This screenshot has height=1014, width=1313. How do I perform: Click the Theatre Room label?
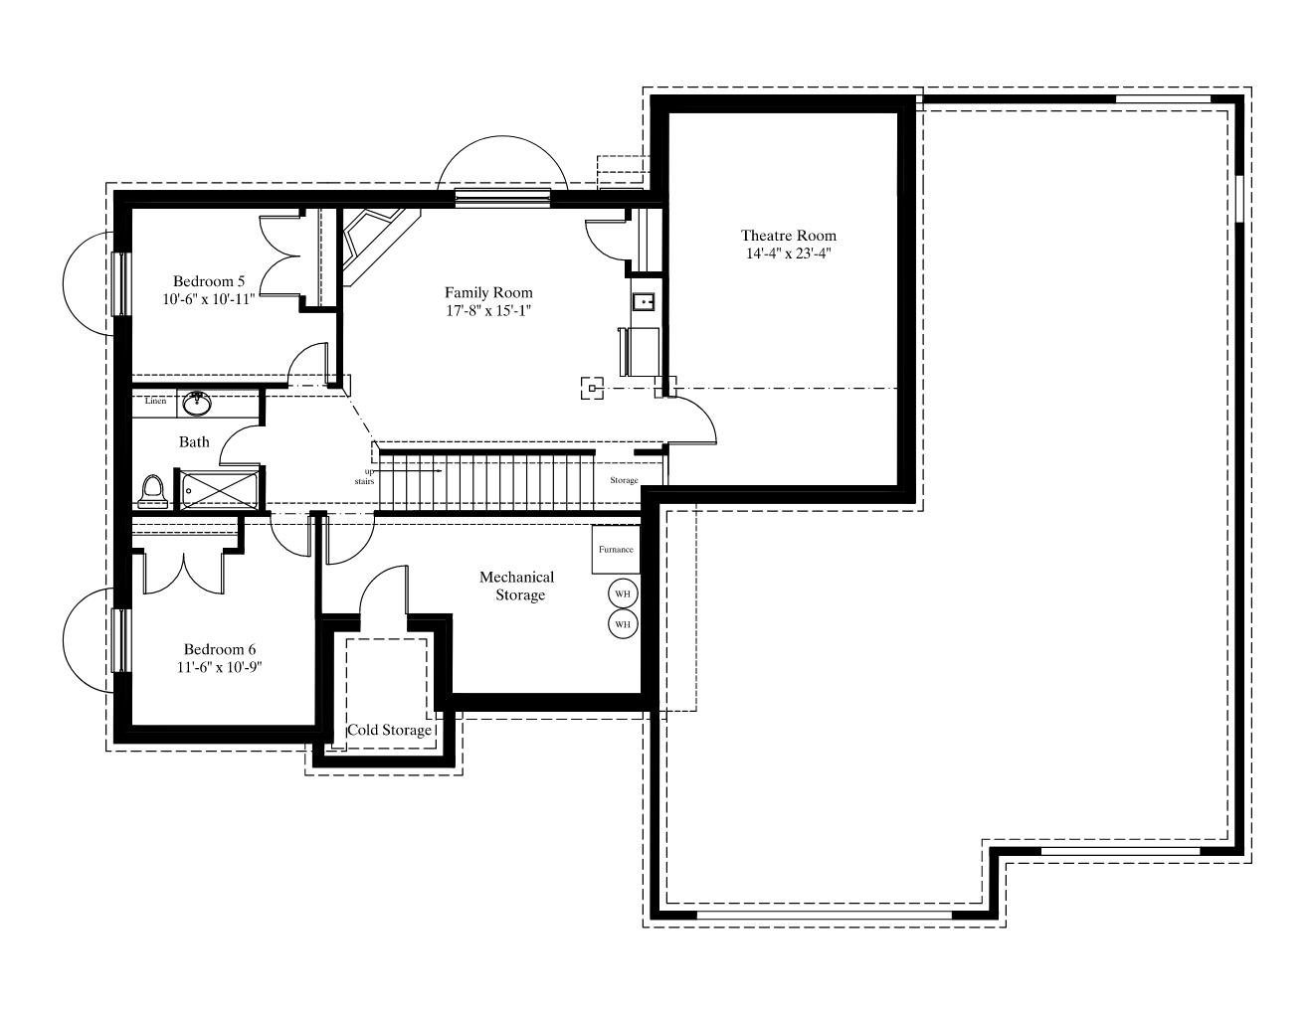[x=789, y=236]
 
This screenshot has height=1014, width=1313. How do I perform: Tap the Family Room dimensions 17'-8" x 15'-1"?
[x=488, y=311]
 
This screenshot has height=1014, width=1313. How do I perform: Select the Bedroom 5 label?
[x=209, y=280]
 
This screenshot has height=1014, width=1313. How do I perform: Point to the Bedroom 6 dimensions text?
[x=220, y=667]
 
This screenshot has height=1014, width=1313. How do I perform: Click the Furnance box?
[x=615, y=550]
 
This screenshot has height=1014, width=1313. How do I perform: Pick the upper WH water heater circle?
[x=623, y=593]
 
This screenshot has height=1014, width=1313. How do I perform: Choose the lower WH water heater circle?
[x=623, y=624]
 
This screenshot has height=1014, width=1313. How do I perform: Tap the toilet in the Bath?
[x=153, y=492]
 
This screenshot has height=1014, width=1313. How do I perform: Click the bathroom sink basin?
[x=197, y=403]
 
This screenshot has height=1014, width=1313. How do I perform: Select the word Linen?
[x=155, y=401]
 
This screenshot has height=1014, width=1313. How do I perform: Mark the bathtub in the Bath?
[x=220, y=490]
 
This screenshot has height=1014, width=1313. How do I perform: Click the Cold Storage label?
[x=389, y=730]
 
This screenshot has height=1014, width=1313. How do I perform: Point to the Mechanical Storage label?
[x=517, y=586]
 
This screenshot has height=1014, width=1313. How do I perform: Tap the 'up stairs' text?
[x=364, y=476]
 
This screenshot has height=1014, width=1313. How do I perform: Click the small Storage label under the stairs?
[x=624, y=480]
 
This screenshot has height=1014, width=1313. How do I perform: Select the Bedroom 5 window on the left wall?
[x=121, y=283]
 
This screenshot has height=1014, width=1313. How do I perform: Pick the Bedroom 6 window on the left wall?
[x=121, y=640]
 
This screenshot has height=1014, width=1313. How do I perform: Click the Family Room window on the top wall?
[x=502, y=198]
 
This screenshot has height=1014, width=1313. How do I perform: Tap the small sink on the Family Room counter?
[x=644, y=301]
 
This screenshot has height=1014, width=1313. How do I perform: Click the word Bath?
[x=194, y=442]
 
